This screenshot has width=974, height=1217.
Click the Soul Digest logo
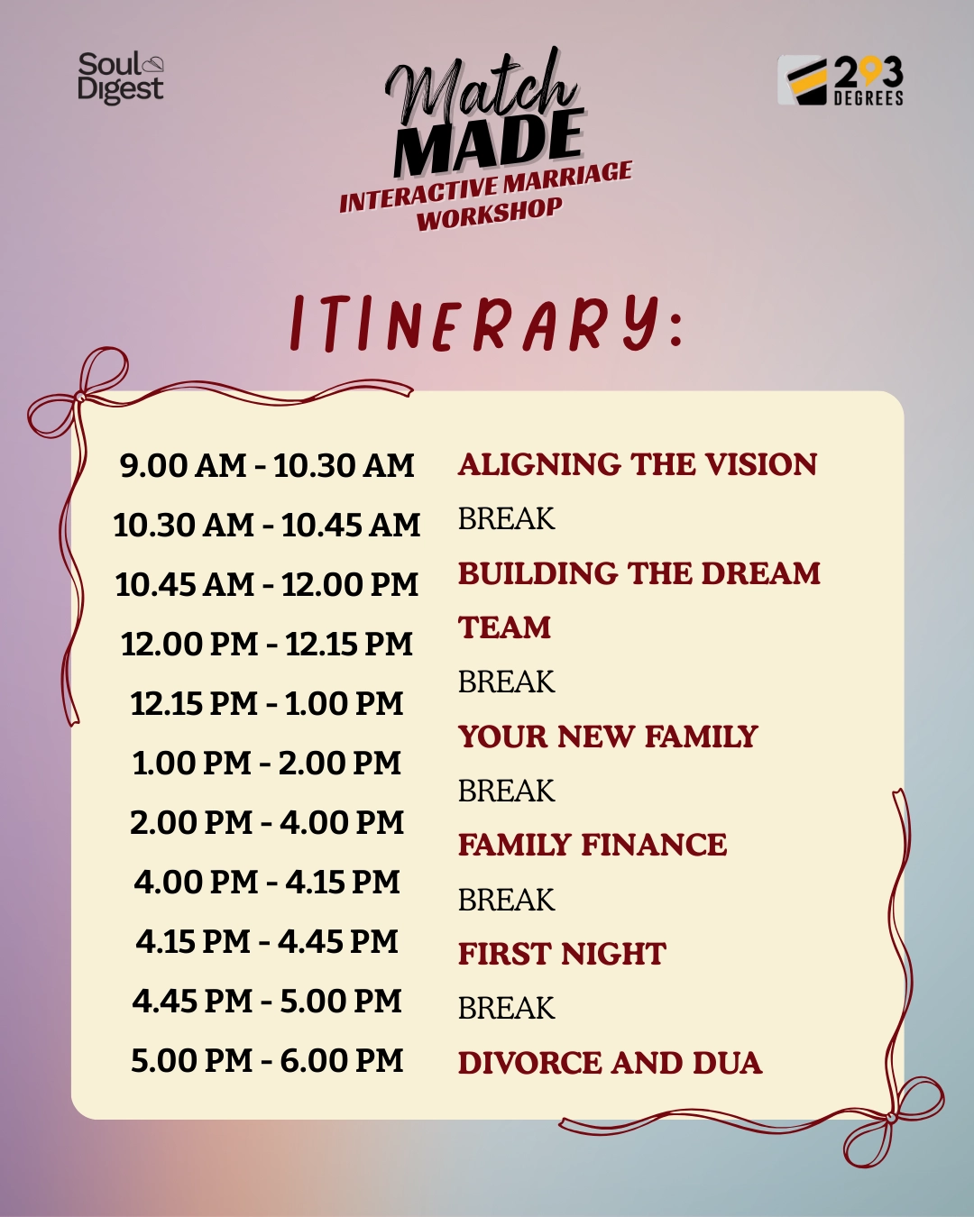(121, 78)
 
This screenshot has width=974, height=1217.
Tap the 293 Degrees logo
(841, 81)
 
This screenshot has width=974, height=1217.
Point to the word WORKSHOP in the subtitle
(490, 215)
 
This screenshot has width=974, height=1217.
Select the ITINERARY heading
(487, 323)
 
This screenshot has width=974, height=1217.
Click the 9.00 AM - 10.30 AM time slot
(267, 465)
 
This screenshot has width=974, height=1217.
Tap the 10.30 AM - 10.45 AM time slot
(267, 525)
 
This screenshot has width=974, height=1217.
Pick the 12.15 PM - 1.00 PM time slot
(267, 703)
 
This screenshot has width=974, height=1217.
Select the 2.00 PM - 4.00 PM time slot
(267, 822)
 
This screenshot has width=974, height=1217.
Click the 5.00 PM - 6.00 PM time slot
(267, 1060)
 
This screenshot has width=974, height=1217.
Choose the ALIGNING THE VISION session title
(638, 464)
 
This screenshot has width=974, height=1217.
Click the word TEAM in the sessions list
(504, 627)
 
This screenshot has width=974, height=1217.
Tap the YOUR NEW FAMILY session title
(608, 737)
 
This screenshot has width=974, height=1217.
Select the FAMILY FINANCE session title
(593, 845)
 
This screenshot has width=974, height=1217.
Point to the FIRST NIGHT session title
(562, 954)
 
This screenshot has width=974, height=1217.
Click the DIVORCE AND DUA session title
(610, 1063)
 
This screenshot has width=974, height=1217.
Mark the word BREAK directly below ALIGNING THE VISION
(507, 518)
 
